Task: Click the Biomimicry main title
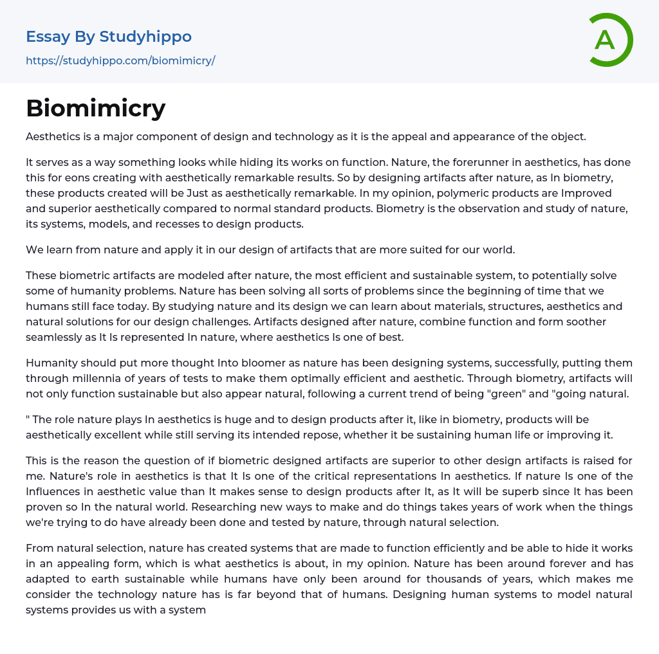(96, 109)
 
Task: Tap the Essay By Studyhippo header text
(109, 37)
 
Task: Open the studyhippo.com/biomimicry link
(120, 61)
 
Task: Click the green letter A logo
(607, 40)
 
